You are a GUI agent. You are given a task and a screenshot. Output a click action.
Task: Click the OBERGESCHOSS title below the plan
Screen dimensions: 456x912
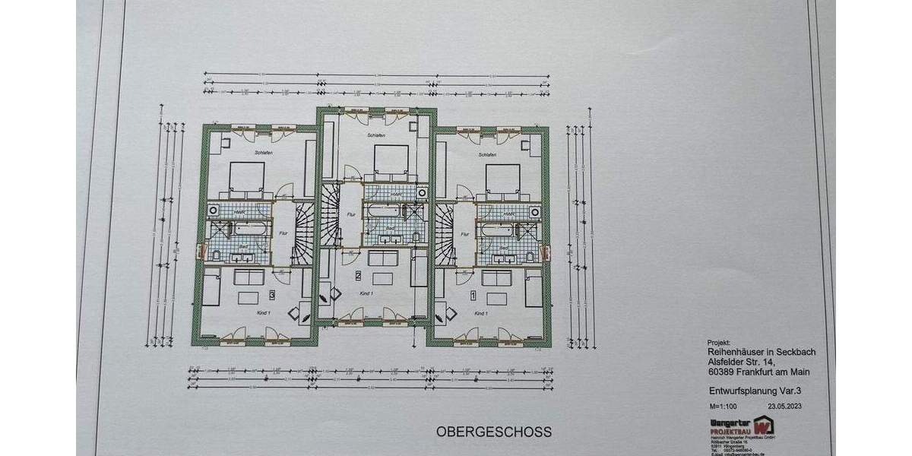tap(493, 431)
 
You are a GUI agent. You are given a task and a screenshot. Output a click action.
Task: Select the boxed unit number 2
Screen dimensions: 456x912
tap(358, 276)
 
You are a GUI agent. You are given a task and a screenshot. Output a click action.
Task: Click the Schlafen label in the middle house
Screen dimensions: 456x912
tap(376, 137)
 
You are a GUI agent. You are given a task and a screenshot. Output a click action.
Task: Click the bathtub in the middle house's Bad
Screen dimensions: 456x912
tap(379, 211)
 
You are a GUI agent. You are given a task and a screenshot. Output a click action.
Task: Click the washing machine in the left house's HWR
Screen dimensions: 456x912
tap(214, 211)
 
